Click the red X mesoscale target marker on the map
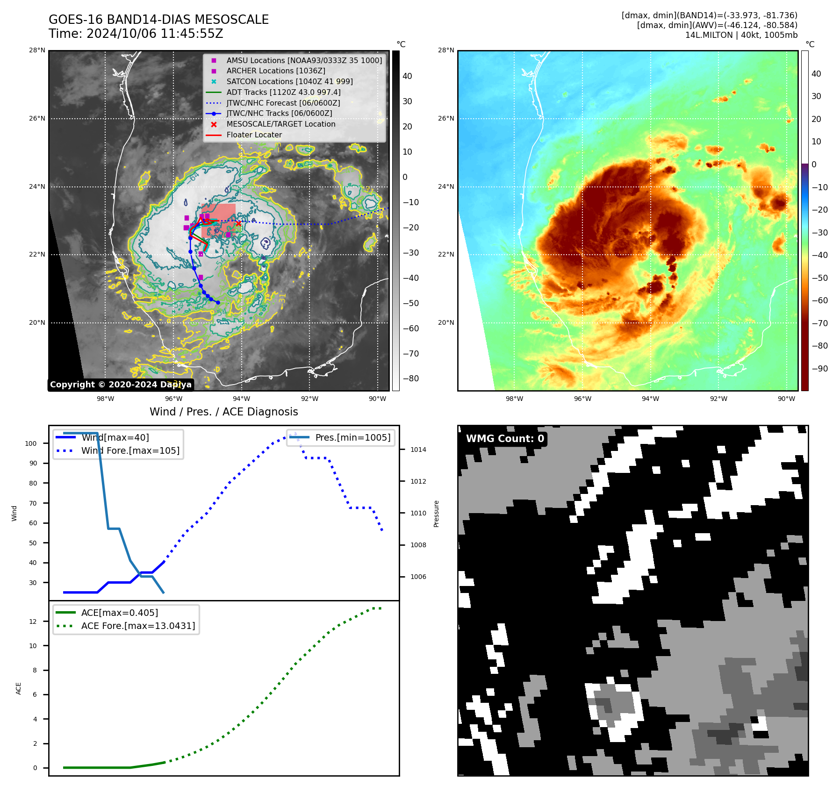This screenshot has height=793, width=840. pos(238,223)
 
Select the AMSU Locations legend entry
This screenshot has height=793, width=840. pos(304,60)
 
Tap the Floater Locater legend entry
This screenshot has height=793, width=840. pos(254,135)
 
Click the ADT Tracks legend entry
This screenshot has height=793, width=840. pos(283,92)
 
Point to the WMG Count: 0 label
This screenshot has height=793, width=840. pos(505,438)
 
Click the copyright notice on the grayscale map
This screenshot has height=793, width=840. pos(121,385)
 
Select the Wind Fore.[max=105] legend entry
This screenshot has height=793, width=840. pos(130,450)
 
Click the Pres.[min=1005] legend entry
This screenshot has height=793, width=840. pos(352,437)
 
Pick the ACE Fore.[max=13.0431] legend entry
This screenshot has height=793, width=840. pos(138,626)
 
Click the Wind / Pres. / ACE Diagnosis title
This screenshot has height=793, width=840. pos(223,412)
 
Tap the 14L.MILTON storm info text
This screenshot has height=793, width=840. pos(741,35)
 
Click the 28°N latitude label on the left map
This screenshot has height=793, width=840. pos(37,50)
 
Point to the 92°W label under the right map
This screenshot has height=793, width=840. pos(718,399)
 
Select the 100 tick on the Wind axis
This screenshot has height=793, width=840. pos(31,443)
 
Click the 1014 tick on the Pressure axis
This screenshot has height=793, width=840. pos(418,450)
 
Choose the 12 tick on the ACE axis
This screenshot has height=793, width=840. pos(33,622)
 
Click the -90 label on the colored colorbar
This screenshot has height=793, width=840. pos(819,368)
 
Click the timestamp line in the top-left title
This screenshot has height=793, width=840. pos(136,34)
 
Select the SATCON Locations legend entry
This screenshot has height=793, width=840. pos(289,81)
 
